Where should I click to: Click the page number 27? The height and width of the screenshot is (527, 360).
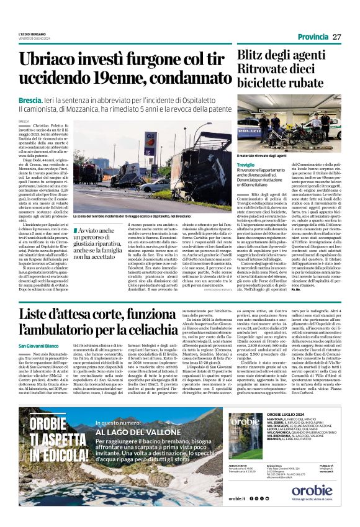pos(337,37)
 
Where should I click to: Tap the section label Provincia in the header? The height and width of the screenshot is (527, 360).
pos(313,37)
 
